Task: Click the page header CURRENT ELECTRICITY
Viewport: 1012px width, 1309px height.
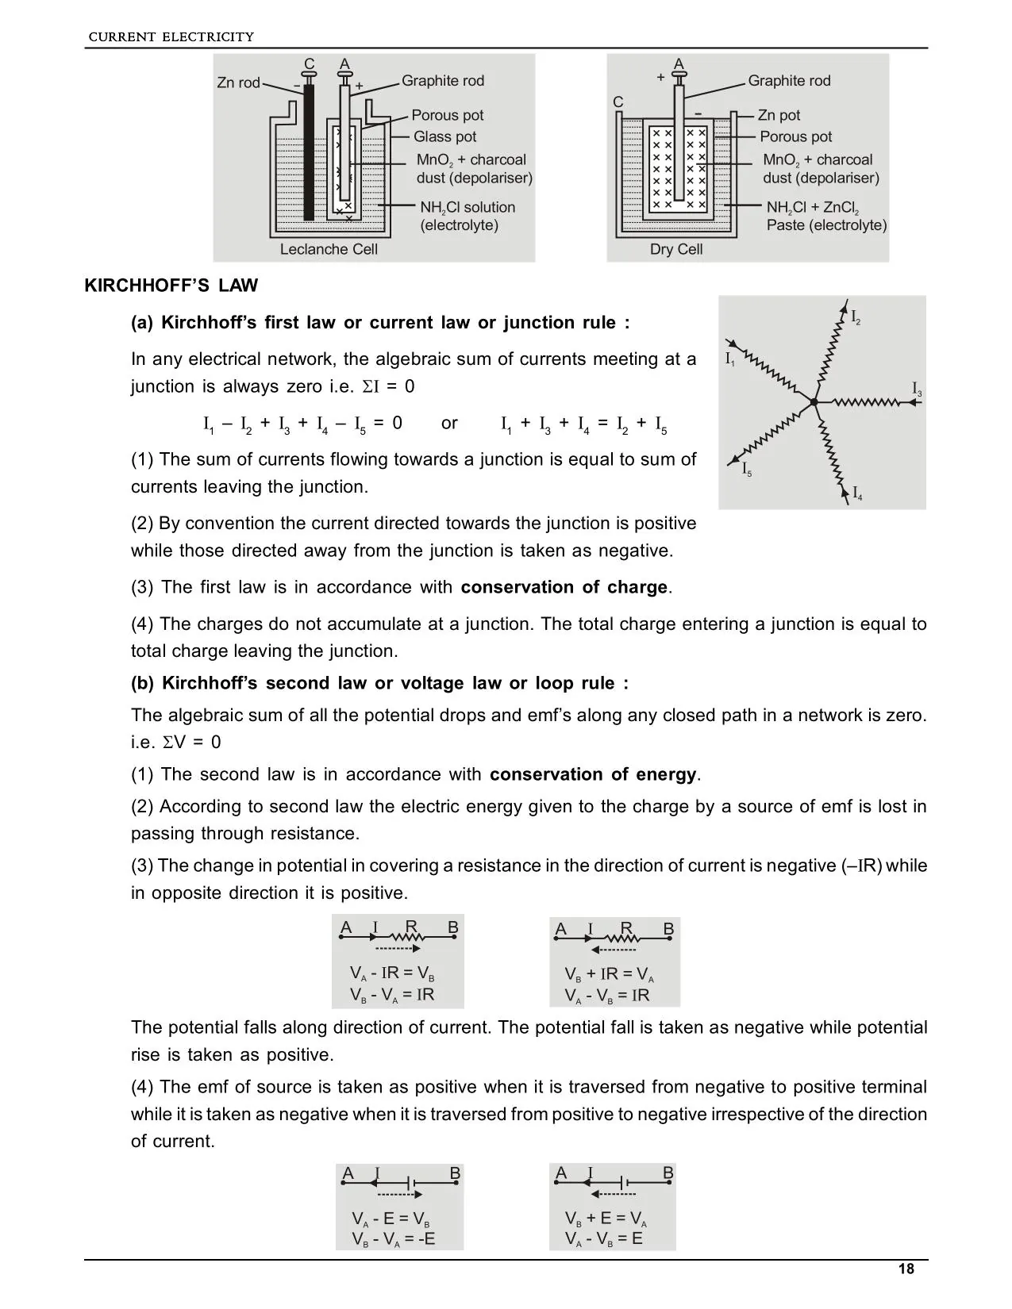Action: (171, 36)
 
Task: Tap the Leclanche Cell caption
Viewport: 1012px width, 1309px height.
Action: (329, 249)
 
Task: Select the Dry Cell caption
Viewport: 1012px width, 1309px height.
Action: (676, 249)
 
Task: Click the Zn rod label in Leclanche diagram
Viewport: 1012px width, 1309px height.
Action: (238, 83)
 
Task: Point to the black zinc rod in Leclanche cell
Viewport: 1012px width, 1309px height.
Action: (309, 151)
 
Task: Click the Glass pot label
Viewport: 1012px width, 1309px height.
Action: (444, 136)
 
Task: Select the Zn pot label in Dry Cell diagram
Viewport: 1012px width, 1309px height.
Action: (779, 116)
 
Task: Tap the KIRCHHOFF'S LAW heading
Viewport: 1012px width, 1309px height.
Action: (171, 286)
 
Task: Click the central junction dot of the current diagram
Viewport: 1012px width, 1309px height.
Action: (814, 402)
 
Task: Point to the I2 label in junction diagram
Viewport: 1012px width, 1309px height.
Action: (856, 318)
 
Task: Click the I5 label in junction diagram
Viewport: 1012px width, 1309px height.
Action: (746, 470)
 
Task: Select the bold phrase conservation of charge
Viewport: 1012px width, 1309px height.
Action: (564, 587)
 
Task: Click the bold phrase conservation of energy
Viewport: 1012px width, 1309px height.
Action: (593, 774)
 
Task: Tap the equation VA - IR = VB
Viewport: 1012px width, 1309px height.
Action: (392, 973)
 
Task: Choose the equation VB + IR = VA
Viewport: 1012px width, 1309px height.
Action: (609, 974)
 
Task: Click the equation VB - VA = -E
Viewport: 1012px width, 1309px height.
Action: (394, 1239)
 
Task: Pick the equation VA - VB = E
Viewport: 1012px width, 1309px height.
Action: (604, 1238)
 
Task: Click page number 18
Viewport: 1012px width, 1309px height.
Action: (906, 1269)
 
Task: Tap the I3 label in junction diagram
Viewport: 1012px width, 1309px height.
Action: (917, 389)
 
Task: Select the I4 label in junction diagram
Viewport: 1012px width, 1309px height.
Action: (856, 496)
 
